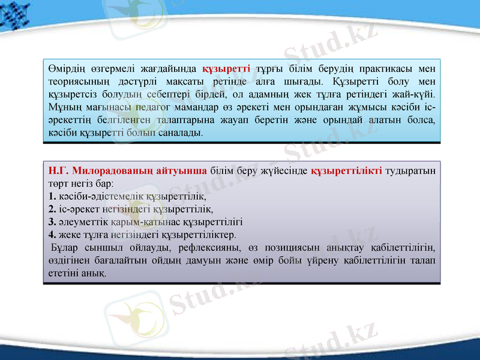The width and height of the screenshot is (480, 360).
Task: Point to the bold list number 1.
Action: (x=52, y=196)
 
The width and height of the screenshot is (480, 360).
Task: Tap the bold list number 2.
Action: (x=52, y=208)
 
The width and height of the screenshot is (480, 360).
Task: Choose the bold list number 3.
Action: (x=52, y=221)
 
